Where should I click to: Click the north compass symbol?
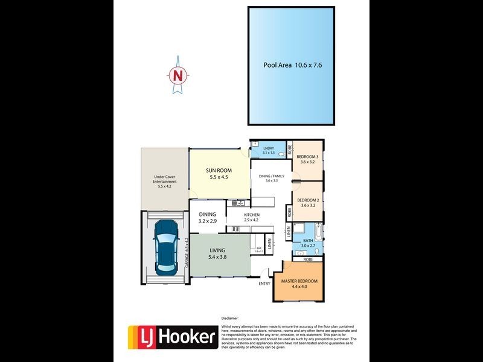[178, 75]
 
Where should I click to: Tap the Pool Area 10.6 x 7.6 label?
[292, 65]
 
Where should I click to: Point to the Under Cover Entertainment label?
[164, 182]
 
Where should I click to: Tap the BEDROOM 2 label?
[308, 203]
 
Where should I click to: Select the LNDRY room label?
[269, 150]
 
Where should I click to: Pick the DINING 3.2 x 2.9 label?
[208, 217]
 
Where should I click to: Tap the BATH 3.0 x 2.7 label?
[309, 243]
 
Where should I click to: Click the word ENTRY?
[264, 284]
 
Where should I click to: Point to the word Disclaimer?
[230, 317]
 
